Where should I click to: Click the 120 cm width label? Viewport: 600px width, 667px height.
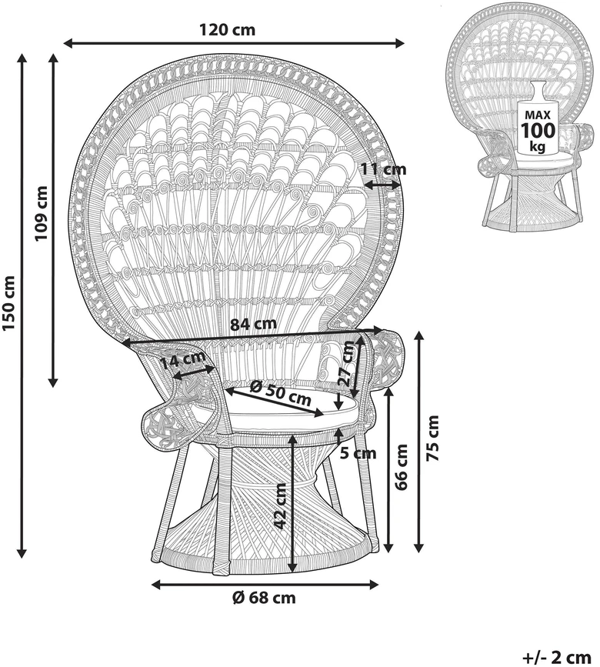228,30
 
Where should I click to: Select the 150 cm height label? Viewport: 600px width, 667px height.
9,302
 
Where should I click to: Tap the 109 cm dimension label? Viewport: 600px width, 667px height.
41,213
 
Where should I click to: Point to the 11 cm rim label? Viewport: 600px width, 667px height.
384,169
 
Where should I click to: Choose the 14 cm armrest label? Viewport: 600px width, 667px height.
183,361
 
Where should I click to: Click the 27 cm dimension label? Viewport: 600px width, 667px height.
347,364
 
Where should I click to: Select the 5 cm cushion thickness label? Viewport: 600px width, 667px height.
359,453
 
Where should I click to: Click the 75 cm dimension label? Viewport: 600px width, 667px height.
432,439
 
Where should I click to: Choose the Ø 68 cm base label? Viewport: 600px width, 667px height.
264,598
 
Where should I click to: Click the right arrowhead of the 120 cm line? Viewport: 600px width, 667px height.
399,43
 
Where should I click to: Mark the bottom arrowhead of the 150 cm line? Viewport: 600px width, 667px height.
22,552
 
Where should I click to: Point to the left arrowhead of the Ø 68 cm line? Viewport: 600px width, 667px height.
156,585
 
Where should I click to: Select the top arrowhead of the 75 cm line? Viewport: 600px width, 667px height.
419,336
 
